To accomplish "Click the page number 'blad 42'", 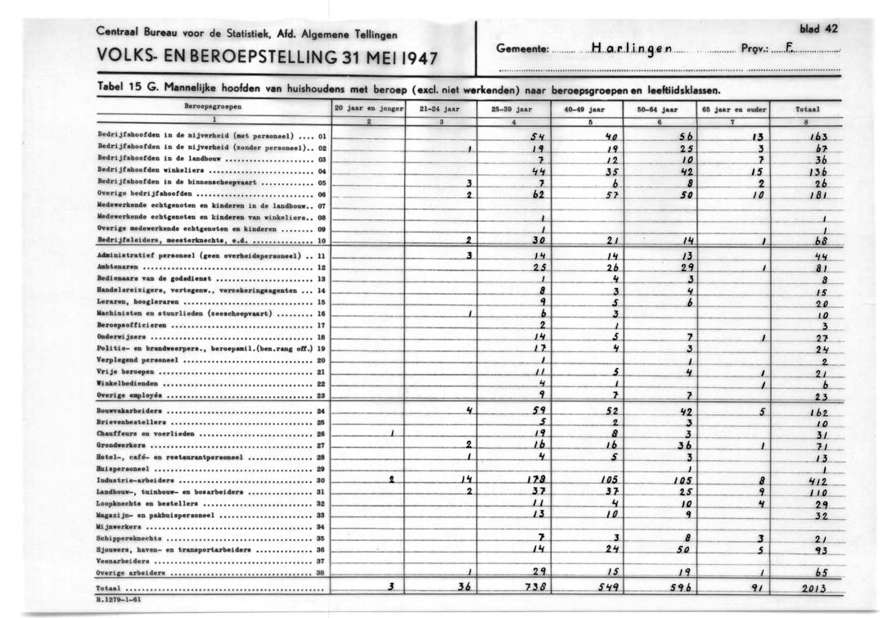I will click(819, 29).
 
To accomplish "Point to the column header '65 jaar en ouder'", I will click(732, 107).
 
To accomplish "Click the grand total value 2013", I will click(813, 588).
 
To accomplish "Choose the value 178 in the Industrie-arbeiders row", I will click(536, 480).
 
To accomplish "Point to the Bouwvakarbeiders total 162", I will click(818, 412).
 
